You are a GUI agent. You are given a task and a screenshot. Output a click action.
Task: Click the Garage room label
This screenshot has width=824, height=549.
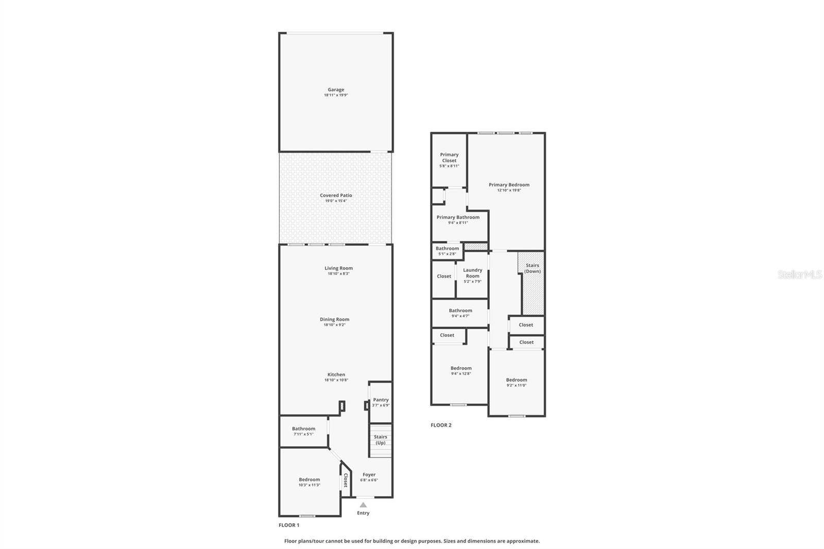336,90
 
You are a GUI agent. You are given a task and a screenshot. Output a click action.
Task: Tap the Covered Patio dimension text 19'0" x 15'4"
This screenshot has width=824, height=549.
336,201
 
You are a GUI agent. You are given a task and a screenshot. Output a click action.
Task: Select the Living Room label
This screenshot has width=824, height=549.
338,268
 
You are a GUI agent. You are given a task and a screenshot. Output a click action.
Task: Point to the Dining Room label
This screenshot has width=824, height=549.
334,319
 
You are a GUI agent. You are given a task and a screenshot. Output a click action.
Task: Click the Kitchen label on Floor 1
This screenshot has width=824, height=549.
336,374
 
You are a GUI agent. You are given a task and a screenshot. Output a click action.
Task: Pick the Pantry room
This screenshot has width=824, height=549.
381,402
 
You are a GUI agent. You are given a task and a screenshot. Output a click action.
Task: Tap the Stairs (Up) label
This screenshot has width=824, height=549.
380,440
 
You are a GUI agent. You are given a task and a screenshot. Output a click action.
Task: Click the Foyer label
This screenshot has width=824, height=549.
369,475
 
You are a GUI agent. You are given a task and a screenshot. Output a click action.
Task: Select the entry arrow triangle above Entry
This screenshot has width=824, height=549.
363,505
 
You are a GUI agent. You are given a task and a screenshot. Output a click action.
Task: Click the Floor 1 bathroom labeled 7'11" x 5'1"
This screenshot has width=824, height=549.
303,431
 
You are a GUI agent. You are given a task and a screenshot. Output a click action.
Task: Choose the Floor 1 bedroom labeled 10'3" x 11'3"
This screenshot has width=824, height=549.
309,482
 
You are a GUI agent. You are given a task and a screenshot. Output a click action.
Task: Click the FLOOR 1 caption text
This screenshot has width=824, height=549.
289,525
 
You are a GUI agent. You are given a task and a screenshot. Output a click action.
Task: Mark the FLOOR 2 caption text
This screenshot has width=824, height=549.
441,425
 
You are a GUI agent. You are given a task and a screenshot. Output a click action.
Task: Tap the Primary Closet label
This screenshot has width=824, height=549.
449,158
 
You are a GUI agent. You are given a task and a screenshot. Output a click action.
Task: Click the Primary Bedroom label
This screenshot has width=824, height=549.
509,185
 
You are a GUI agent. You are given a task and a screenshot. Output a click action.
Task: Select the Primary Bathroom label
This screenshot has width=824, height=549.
458,217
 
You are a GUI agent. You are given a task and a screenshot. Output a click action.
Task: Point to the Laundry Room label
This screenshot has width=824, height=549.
472,273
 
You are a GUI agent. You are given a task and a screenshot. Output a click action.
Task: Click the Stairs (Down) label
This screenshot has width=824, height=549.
533,268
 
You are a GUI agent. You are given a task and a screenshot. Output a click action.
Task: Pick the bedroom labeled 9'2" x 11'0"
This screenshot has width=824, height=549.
516,382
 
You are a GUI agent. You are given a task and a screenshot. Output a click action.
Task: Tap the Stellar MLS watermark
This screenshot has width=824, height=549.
799,274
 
